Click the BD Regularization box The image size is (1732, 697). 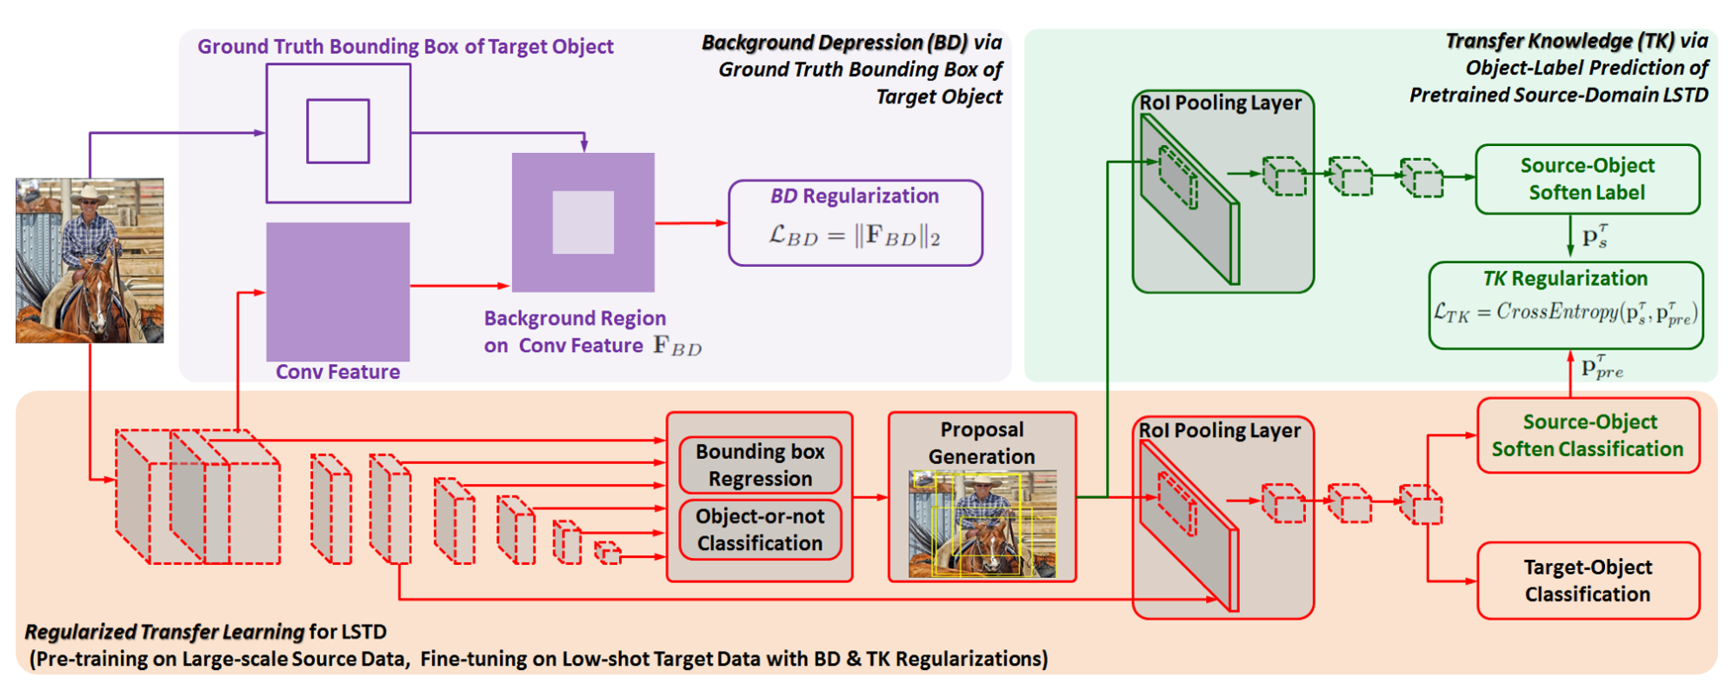pyautogui.click(x=855, y=222)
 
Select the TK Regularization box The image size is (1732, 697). pyautogui.click(x=1565, y=305)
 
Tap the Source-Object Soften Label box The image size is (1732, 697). pyautogui.click(x=1587, y=179)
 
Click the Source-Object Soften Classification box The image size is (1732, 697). pyautogui.click(x=1588, y=435)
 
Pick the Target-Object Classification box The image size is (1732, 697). pyautogui.click(x=1588, y=581)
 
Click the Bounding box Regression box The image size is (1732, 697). pyautogui.click(x=760, y=465)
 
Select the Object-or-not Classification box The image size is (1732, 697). pyautogui.click(x=760, y=529)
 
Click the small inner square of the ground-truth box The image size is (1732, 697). pyautogui.click(x=338, y=131)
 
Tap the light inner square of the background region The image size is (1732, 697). pyautogui.click(x=583, y=222)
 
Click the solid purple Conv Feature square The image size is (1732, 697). pyautogui.click(x=337, y=291)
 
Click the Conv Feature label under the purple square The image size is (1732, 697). pyautogui.click(x=337, y=372)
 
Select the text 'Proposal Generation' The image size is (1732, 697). pyautogui.click(x=982, y=443)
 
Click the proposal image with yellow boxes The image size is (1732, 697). pyautogui.click(x=982, y=524)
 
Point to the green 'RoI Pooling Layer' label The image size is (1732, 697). pyautogui.click(x=1220, y=103)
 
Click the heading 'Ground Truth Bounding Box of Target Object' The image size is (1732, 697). pyautogui.click(x=405, y=46)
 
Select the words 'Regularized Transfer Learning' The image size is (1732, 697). pyautogui.click(x=164, y=632)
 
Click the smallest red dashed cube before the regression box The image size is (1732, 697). pyautogui.click(x=608, y=553)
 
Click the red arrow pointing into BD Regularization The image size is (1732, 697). pyautogui.click(x=692, y=223)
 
